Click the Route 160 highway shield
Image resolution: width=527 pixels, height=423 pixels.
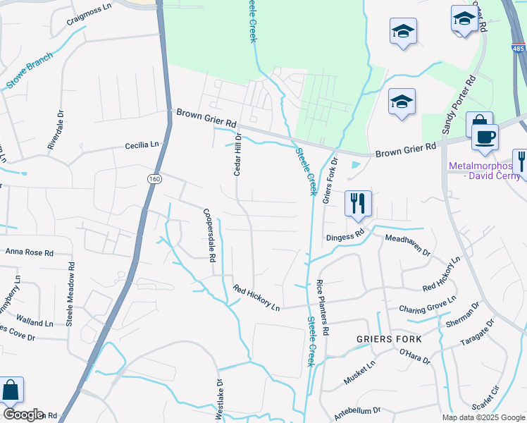coord(153,180)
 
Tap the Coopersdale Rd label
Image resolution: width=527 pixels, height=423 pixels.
coord(209,235)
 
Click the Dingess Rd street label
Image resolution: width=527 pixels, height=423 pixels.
coord(345,234)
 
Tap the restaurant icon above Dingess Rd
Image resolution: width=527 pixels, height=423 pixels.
coord(358,203)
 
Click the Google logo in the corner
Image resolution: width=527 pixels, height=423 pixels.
coord(23,415)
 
